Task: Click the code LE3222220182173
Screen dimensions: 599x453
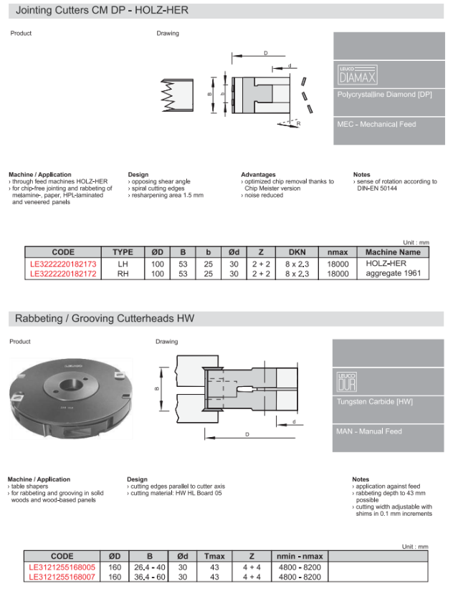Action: pyautogui.click(x=62, y=264)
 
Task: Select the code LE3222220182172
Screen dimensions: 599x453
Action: pyautogui.click(x=62, y=273)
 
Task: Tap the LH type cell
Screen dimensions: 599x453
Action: pyautogui.click(x=123, y=264)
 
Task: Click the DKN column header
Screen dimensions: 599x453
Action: pyautogui.click(x=297, y=252)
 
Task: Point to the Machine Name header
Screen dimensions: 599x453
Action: pyautogui.click(x=393, y=252)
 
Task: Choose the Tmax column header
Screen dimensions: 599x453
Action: pyautogui.click(x=214, y=556)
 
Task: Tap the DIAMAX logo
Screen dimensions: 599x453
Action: pyautogui.click(x=357, y=75)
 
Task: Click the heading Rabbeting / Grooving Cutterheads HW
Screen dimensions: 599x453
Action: pyautogui.click(x=105, y=318)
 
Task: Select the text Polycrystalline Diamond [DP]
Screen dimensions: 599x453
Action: pyautogui.click(x=384, y=95)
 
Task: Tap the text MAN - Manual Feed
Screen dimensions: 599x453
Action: pyautogui.click(x=369, y=431)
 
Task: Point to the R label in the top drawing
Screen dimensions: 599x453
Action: pyautogui.click(x=297, y=123)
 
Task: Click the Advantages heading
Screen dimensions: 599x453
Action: pyautogui.click(x=258, y=174)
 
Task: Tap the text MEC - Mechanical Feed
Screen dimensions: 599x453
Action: pyautogui.click(x=376, y=124)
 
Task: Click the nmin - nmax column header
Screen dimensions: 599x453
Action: pyautogui.click(x=299, y=556)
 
